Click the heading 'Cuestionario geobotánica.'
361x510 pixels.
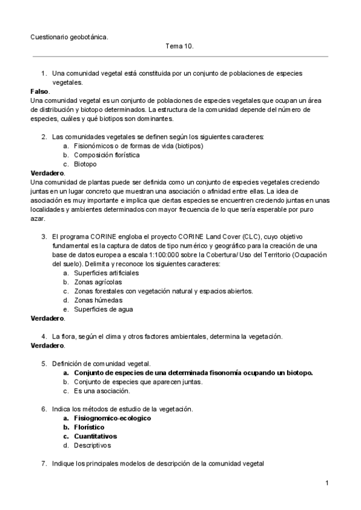point(69,37)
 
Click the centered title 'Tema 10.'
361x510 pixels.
point(179,46)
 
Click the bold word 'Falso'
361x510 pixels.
point(40,91)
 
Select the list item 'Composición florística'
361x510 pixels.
point(106,155)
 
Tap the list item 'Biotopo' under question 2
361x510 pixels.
point(85,164)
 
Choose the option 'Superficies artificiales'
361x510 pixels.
point(106,272)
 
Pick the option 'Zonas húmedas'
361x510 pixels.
point(98,300)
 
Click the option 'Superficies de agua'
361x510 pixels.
point(103,309)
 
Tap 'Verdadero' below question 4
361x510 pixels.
point(47,346)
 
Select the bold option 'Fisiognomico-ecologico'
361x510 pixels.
point(112,418)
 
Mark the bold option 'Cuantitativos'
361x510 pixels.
point(95,436)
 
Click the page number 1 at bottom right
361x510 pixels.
point(326,483)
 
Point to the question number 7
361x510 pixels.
point(44,464)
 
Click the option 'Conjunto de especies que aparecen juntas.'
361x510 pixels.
point(138,382)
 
